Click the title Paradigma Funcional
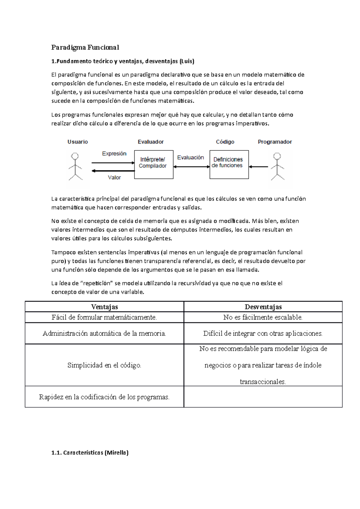coord(85,47)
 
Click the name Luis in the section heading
coord(187,61)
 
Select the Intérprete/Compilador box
coord(154,164)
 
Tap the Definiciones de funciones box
coord(229,164)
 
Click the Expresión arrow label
coord(114,153)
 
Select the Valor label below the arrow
coord(114,177)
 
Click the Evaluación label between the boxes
coord(190,157)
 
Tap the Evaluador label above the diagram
coord(151,142)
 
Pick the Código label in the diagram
coord(225,142)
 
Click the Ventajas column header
coord(104,307)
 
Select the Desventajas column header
coord(263,307)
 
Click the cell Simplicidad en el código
coord(104,365)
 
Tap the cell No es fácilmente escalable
coord(263,317)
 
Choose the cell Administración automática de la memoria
coord(104,333)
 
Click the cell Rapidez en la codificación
coord(104,397)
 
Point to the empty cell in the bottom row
coord(263,397)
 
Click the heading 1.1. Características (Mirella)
coord(90,453)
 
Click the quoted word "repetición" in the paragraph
coord(97,283)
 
